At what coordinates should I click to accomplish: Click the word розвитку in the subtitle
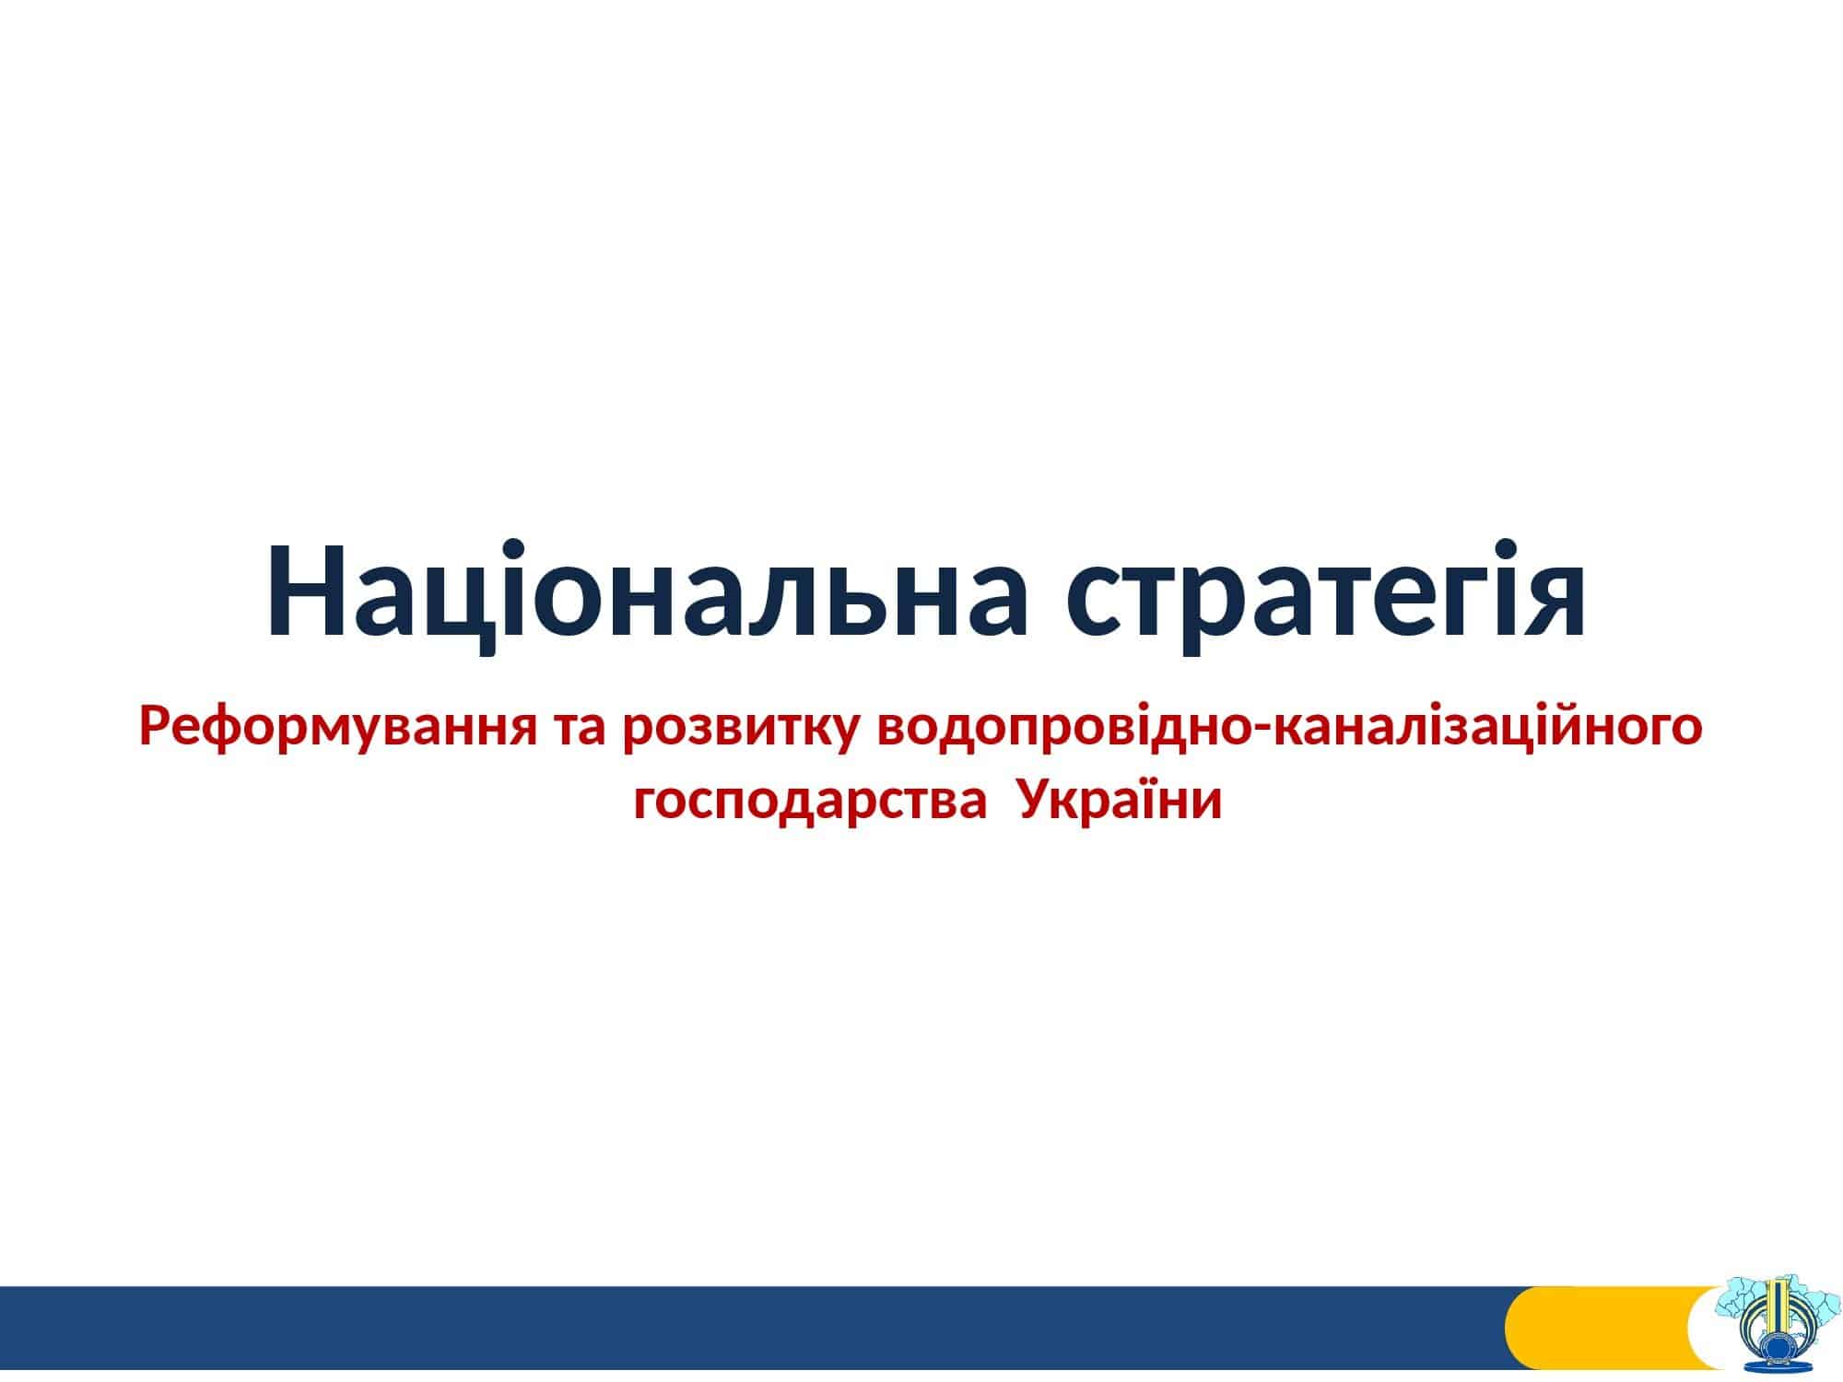tap(744, 732)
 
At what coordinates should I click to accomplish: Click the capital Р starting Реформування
tap(157, 729)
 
